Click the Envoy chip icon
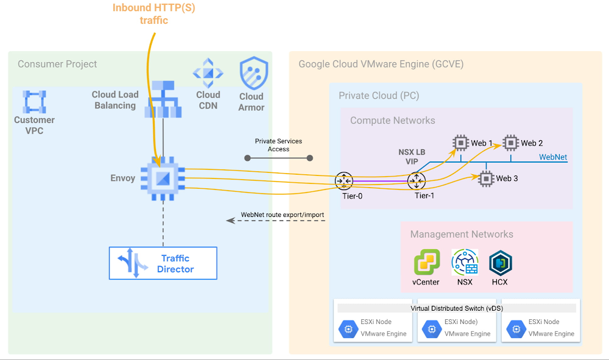pos(163,178)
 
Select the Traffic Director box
pos(163,263)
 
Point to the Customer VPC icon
pos(34,102)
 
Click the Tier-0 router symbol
pos(344,180)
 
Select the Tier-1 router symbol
pos(417,180)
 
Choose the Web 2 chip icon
pos(510,143)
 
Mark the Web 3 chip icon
pos(486,178)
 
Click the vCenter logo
pos(426,263)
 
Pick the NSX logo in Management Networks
pos(465,263)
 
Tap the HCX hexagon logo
pos(501,263)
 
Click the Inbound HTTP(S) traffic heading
pos(153,14)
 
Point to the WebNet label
pos(553,157)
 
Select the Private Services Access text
pos(278,145)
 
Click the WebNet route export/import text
pos(282,215)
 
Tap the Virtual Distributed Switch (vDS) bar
pos(457,308)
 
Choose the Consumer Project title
pos(57,64)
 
